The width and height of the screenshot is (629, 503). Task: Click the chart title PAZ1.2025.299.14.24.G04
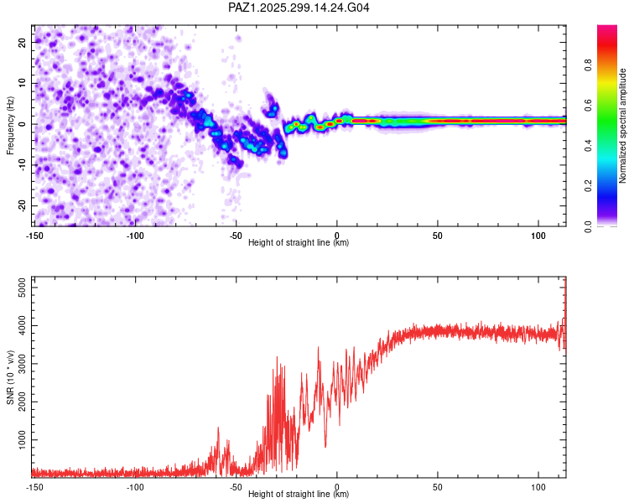coord(299,8)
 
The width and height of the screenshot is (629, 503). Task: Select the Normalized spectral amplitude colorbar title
coord(623,126)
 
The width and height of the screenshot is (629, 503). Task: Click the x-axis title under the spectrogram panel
coord(299,242)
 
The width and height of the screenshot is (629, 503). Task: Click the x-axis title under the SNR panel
coord(299,494)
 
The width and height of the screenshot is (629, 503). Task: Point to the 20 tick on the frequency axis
coord(23,41)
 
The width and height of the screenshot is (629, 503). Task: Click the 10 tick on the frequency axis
coord(23,82)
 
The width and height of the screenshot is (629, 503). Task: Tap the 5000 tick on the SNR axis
coord(18,288)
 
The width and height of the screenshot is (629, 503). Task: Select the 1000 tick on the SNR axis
coord(18,439)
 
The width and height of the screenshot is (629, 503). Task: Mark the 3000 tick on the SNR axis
coord(18,363)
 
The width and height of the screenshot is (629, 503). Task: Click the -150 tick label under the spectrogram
coord(34,235)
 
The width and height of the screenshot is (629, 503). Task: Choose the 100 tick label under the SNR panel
coord(538,486)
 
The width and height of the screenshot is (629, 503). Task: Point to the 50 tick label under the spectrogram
coord(438,235)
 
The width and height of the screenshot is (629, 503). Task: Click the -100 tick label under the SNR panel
coord(135,486)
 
